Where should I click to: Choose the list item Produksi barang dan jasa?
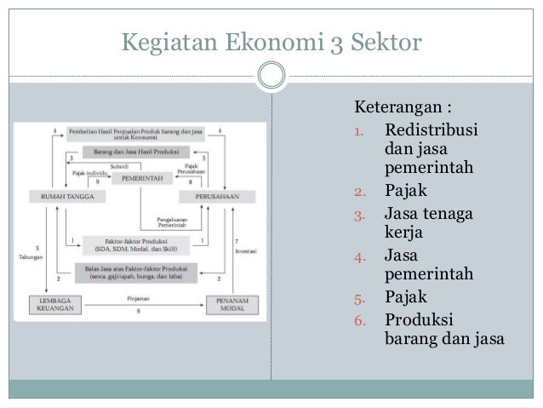[x=443, y=329]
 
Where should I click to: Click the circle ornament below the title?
[x=271, y=76]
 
